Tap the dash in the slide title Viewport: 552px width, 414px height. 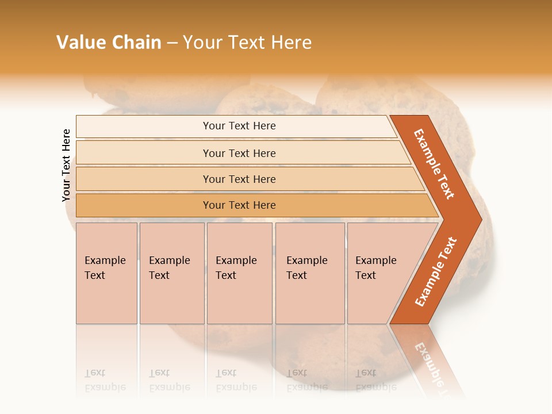coord(172,43)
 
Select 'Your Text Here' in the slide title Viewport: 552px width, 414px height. coord(247,43)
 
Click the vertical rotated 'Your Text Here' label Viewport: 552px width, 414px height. coord(66,165)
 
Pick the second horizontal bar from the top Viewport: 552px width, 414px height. coord(239,153)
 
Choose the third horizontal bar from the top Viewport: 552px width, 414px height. coord(239,179)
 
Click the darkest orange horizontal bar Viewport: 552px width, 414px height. coord(239,205)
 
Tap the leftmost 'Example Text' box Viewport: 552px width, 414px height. coord(106,273)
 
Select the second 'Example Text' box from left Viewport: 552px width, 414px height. coord(172,273)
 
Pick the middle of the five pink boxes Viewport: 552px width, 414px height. coord(239,273)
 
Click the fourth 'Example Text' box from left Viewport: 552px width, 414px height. coord(310,273)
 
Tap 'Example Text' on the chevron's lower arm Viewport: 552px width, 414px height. coord(436,272)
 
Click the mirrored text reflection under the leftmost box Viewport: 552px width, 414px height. coord(105,380)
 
